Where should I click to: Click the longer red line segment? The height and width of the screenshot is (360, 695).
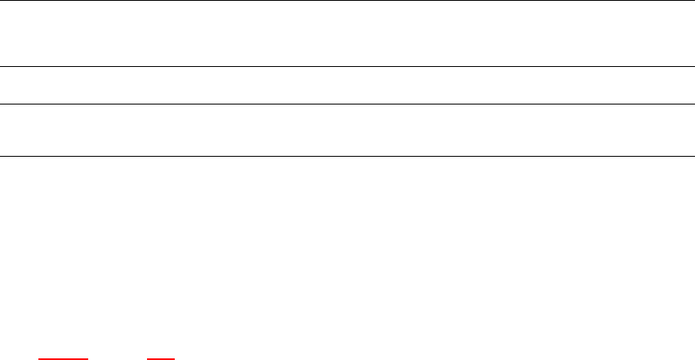coord(63,358)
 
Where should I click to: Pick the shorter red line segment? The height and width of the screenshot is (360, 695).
coord(161,358)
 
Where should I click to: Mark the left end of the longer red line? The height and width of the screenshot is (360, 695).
coord(38,358)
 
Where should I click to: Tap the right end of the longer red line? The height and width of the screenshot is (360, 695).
coord(87,358)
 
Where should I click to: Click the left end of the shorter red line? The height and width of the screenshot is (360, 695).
coord(148,358)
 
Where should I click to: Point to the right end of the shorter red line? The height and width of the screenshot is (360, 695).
coord(175,358)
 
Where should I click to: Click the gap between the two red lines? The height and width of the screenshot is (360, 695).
coord(118,358)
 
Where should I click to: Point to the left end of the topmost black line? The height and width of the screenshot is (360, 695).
coord(1,1)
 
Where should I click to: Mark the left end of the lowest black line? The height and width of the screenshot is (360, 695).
coord(1,156)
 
